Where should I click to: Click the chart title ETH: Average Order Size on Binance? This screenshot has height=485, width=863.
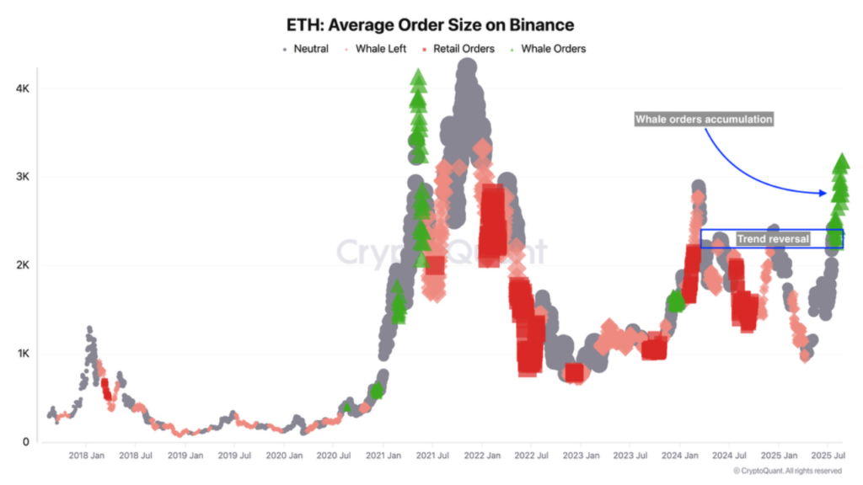point(430,26)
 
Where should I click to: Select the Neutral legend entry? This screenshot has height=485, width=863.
point(310,49)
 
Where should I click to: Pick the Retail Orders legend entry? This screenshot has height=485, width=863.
point(464,49)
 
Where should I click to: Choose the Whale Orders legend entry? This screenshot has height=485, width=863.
point(553,49)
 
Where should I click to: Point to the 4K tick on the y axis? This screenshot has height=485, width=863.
point(23,88)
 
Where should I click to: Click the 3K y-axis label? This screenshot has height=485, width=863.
point(23,177)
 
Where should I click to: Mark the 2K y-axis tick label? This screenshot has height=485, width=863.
point(23,265)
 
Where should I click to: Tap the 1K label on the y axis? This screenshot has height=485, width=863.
point(23,354)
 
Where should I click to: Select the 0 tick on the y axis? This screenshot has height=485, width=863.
point(26,442)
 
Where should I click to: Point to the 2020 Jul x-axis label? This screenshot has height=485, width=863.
point(334,456)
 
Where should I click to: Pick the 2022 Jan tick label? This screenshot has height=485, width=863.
point(482,456)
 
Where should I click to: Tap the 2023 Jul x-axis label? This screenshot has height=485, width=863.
point(631,456)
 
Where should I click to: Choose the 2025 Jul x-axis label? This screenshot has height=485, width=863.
point(828,456)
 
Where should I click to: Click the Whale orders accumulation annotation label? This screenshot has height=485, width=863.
point(703,120)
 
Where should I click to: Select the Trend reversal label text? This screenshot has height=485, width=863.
point(773,239)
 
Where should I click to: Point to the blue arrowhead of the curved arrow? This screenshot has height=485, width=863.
point(823,193)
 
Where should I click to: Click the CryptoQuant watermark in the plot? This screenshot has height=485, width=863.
point(442,251)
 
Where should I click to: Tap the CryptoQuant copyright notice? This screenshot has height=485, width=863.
point(787,471)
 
